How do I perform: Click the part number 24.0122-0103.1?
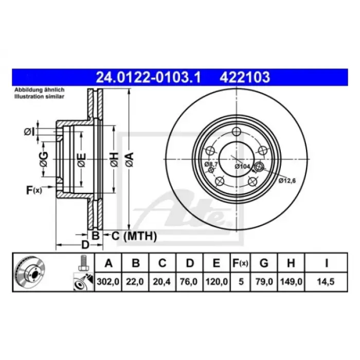148,77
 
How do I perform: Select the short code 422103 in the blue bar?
245,77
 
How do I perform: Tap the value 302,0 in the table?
108,281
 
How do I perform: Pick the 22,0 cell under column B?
135,281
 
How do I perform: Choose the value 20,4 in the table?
161,281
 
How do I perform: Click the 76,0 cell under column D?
189,281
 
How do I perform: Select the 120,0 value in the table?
217,281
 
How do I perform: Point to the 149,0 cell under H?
291,281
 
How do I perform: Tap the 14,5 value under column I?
326,281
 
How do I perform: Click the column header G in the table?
264,263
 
